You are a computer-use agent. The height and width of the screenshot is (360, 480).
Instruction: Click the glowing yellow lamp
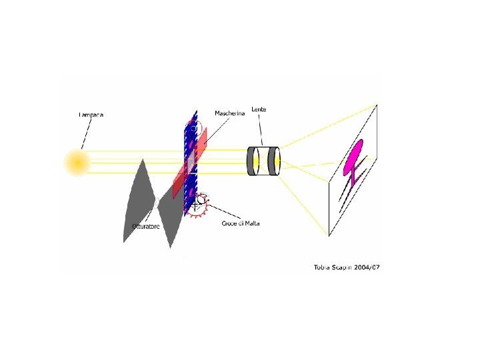click(77, 163)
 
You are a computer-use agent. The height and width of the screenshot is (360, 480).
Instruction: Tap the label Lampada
click(91, 115)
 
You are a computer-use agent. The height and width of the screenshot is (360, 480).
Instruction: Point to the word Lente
click(259, 109)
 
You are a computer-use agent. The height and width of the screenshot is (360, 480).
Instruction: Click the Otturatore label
click(145, 227)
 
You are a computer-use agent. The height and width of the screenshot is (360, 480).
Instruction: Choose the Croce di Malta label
click(241, 223)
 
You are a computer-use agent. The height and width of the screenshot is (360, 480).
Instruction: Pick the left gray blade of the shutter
click(139, 200)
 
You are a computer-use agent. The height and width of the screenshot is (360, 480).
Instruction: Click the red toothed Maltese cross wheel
click(199, 205)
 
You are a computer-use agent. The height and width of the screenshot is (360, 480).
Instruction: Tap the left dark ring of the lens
click(253, 161)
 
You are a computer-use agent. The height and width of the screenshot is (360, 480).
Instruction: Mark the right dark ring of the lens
click(273, 161)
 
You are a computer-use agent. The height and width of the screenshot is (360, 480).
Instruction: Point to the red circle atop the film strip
click(193, 126)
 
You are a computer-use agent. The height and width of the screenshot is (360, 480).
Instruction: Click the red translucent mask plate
click(191, 163)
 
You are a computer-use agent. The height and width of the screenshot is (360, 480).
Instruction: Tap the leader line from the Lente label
click(261, 129)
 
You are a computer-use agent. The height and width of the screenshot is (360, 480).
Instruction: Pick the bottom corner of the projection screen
click(329, 235)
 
